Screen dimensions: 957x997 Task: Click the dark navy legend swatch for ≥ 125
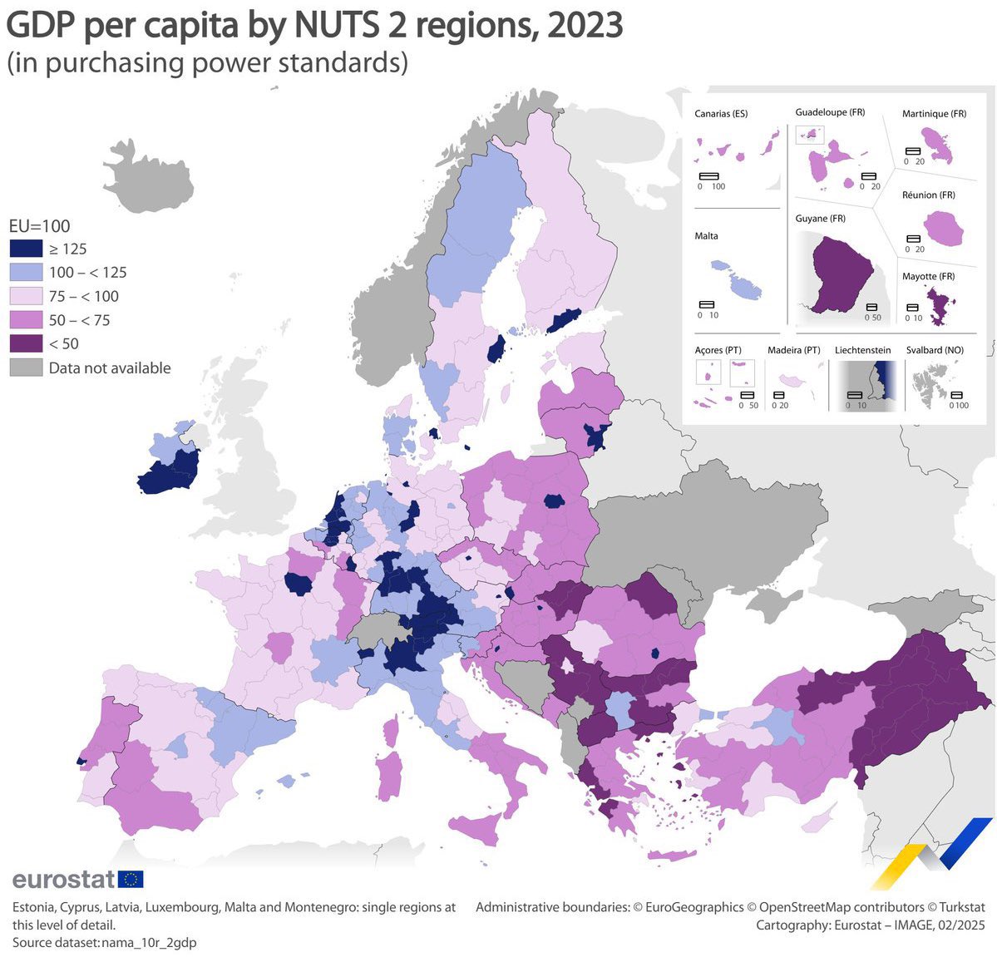(x=26, y=249)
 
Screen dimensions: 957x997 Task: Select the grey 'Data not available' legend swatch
(x=26, y=368)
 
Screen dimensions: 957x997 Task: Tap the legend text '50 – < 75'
(x=79, y=320)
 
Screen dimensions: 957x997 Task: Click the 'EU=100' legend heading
(x=39, y=226)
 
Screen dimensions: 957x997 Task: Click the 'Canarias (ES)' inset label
(x=721, y=114)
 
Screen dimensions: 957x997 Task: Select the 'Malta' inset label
(x=706, y=236)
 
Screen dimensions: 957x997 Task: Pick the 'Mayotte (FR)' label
(x=929, y=276)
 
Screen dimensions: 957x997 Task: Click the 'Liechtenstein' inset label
(x=862, y=350)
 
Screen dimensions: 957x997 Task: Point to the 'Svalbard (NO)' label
(x=935, y=350)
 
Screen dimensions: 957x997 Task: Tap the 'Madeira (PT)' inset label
(x=793, y=350)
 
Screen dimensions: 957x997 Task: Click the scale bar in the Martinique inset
(x=913, y=150)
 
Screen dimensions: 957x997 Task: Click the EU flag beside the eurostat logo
(x=131, y=880)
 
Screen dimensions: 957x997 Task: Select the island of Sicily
(x=480, y=827)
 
